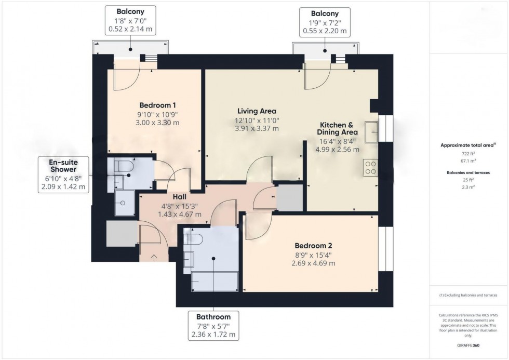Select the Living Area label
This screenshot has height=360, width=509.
257,111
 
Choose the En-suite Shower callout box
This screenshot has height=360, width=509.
63,174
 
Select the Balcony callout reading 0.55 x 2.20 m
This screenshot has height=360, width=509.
325,21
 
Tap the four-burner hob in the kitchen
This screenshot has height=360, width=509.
370,167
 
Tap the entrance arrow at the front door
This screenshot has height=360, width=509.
154,256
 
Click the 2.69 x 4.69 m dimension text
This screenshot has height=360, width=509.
313,263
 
